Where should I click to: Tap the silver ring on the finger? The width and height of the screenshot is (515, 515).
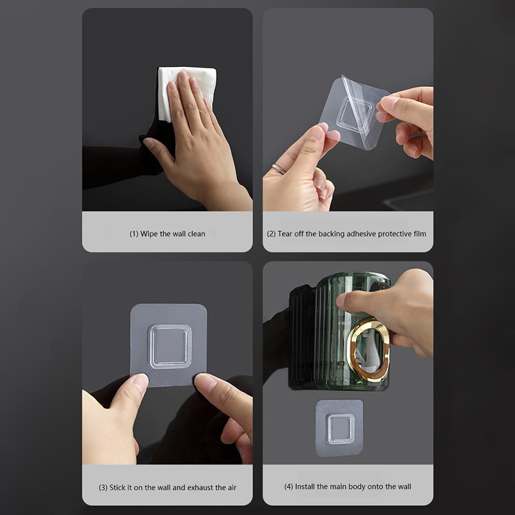pos(279,169)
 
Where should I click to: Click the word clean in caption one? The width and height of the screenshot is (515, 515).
pos(196,234)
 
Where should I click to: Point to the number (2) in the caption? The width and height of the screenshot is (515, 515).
pos(271,234)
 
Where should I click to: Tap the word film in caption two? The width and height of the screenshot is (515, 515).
pos(420,234)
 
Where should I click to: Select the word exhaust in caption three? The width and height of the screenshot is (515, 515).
pos(200,487)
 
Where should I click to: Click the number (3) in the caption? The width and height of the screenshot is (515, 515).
pos(103,487)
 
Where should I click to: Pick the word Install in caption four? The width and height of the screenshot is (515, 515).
pos(305,487)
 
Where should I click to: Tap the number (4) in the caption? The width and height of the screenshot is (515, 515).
pos(288,487)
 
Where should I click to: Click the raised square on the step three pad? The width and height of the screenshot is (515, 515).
pos(170,346)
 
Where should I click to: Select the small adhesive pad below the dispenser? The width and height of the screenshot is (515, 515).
pos(340,428)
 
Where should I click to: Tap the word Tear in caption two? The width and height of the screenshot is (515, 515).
pos(285,234)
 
